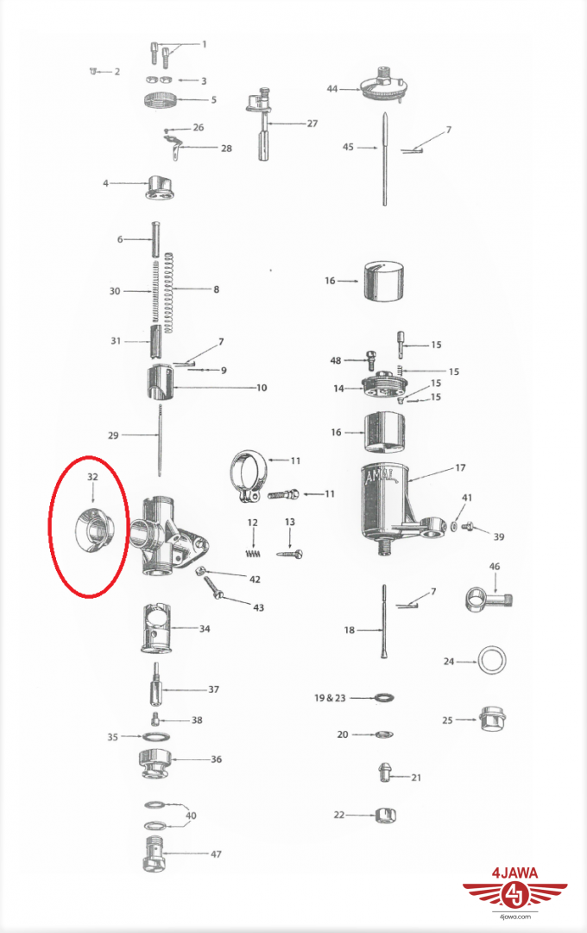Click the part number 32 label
92,477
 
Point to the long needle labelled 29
160,440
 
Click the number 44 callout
331,89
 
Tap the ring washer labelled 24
492,660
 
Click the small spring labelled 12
253,554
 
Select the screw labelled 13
290,554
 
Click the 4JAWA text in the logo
515,873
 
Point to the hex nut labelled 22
385,815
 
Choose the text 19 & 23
330,697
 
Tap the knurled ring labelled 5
161,99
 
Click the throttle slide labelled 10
160,384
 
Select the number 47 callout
216,854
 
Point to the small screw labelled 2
92,72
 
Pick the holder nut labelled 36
155,764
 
